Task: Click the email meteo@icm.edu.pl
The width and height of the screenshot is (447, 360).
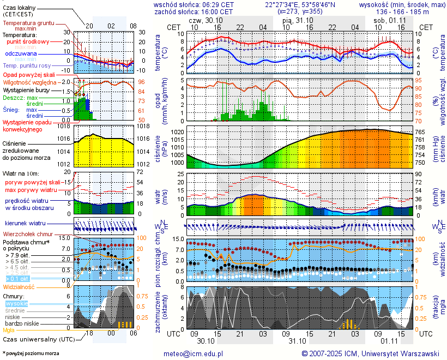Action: pyautogui.click(x=194, y=353)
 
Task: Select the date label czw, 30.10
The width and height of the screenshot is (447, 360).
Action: pyautogui.click(x=202, y=20)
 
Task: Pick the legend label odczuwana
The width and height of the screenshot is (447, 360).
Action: pyautogui.click(x=21, y=54)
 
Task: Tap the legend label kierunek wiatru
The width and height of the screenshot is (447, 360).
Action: pyautogui.click(x=25, y=224)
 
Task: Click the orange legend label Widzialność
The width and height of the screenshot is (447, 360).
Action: pyautogui.click(x=19, y=286)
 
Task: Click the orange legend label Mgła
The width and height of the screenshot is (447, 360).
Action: pyautogui.click(x=9, y=330)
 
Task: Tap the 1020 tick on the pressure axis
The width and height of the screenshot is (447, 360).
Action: pyautogui.click(x=177, y=131)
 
